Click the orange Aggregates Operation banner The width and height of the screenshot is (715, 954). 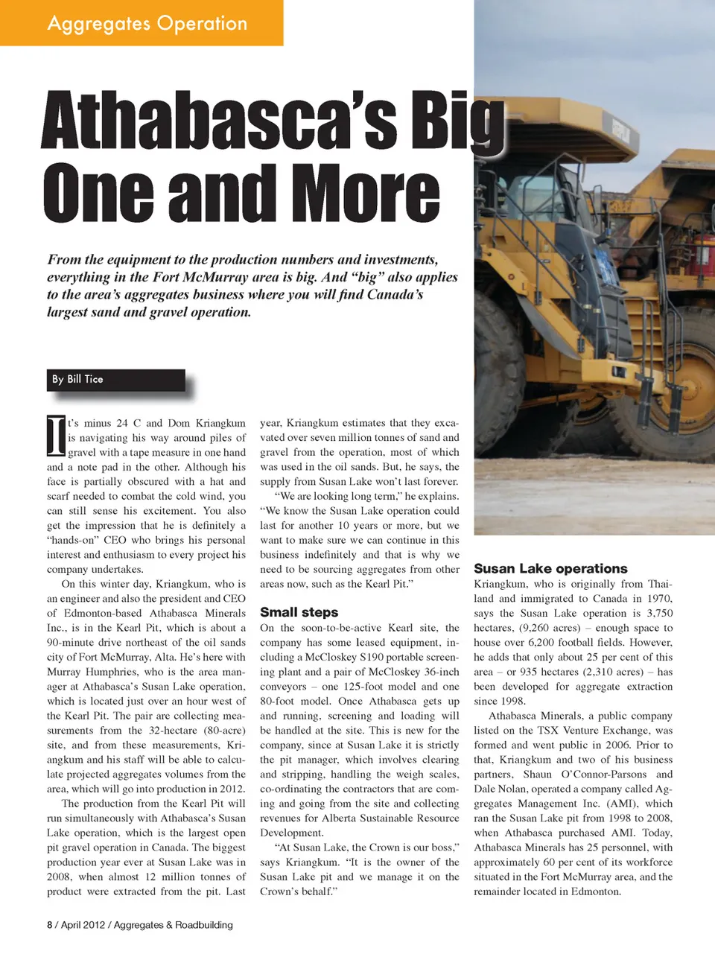click(142, 23)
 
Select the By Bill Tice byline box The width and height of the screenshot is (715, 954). click(115, 379)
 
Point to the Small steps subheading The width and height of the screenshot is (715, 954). click(299, 612)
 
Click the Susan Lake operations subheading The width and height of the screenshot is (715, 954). click(550, 568)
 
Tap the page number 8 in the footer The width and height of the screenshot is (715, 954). click(50, 925)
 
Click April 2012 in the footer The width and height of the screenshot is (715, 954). click(83, 925)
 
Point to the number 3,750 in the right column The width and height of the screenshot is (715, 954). click(659, 613)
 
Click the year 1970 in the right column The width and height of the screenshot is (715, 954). click(659, 598)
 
